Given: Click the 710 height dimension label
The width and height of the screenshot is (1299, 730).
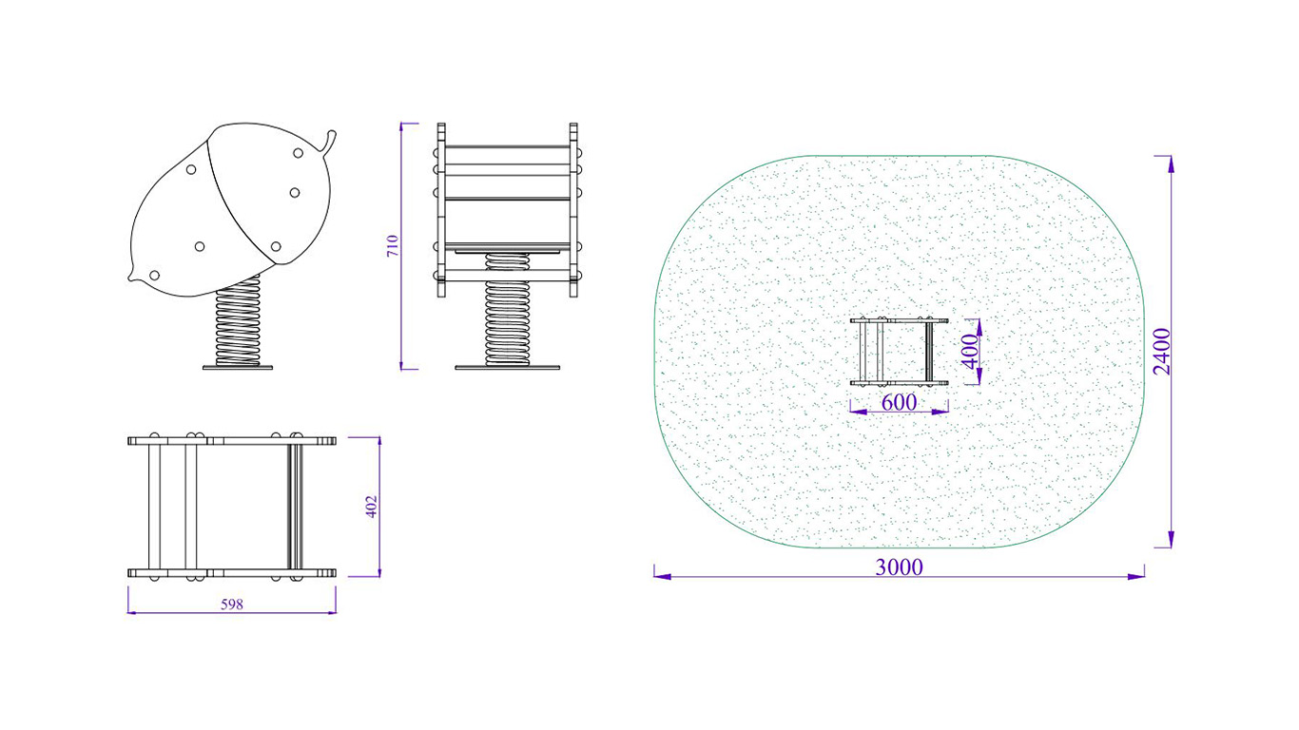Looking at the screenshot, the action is pos(393,246).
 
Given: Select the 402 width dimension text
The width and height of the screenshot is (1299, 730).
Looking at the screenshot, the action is pos(372,507).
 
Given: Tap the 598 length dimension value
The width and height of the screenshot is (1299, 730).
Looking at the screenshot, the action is pos(232,605).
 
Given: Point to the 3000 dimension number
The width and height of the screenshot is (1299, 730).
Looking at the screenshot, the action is pos(899,567).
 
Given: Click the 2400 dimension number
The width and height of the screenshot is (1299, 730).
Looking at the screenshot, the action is pos(1162,352).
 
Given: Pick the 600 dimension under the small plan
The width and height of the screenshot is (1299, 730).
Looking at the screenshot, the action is pos(899,402).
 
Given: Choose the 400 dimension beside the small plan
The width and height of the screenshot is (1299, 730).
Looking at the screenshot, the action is pos(970,352).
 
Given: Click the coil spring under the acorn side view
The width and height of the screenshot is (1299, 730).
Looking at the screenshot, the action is pos(238,321).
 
